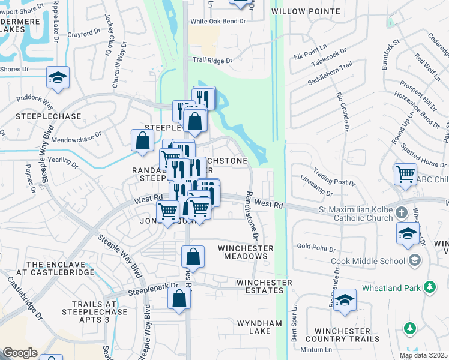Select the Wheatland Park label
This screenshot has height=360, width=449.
coord(391,288)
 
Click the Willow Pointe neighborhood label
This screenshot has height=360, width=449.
coord(306,11)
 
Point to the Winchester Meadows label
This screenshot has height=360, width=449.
coord(246,252)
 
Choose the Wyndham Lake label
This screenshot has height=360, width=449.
coord(259,328)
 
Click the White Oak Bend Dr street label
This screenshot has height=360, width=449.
coord(218,22)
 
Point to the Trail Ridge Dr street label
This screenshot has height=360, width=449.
coord(212,60)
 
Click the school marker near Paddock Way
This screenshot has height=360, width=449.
coord(58,78)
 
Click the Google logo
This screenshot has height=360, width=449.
coord(20,353)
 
